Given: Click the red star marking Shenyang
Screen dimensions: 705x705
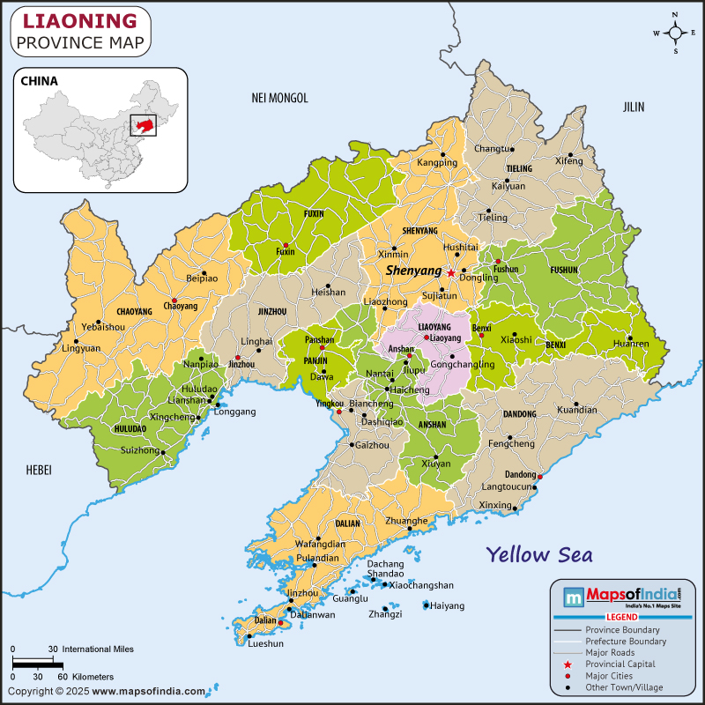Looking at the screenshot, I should point(451,273).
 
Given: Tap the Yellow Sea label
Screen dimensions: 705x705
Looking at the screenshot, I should point(538,554).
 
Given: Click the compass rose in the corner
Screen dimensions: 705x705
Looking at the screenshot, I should point(675,33).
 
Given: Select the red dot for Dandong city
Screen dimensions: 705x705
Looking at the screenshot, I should point(540,476).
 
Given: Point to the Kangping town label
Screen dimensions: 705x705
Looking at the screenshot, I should point(437,162).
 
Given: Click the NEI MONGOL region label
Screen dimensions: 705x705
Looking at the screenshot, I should point(279,98).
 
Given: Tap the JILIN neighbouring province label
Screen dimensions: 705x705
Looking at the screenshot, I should point(634,107).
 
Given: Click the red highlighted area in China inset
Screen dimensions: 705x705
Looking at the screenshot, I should point(143,127).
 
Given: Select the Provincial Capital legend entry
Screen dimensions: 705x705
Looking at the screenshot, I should point(620,664).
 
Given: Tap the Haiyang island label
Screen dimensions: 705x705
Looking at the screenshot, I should point(448,605).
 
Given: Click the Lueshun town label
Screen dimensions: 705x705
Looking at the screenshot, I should point(266,643).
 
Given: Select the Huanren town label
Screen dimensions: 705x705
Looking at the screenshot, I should point(630,343).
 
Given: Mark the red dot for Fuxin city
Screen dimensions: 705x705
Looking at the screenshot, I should point(286,246).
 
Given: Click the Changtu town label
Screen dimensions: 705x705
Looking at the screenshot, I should point(493,148).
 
